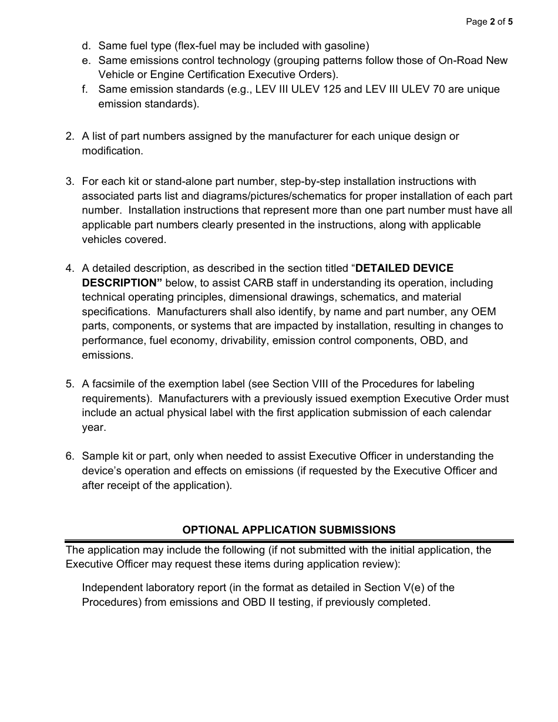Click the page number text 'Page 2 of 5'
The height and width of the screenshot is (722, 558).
tap(489, 22)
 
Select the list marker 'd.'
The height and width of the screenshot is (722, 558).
tap(86, 46)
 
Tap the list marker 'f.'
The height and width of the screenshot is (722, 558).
tap(85, 89)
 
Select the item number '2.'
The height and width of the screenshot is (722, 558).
tap(70, 136)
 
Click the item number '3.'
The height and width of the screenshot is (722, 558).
tap(70, 181)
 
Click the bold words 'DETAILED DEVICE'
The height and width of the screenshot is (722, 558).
tap(404, 268)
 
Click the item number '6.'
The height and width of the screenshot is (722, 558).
tap(70, 456)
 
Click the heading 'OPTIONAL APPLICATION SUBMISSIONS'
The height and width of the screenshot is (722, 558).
tap(289, 530)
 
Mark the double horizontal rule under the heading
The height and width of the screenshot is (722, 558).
tap(289, 541)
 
